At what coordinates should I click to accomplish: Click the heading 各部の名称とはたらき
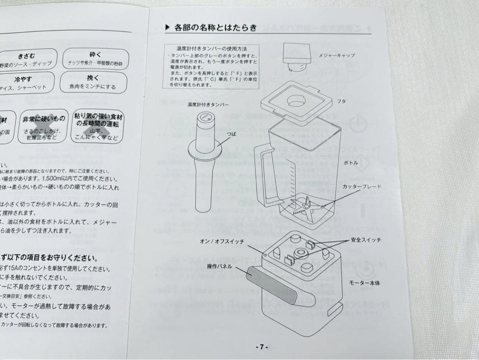click(216, 28)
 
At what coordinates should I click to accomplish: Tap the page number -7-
click(262, 347)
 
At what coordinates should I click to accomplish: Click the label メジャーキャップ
click(336, 55)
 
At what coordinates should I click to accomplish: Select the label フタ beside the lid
click(342, 102)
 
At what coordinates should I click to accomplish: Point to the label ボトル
click(351, 162)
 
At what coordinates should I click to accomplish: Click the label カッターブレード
click(361, 187)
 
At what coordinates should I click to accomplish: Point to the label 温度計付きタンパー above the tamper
click(208, 104)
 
